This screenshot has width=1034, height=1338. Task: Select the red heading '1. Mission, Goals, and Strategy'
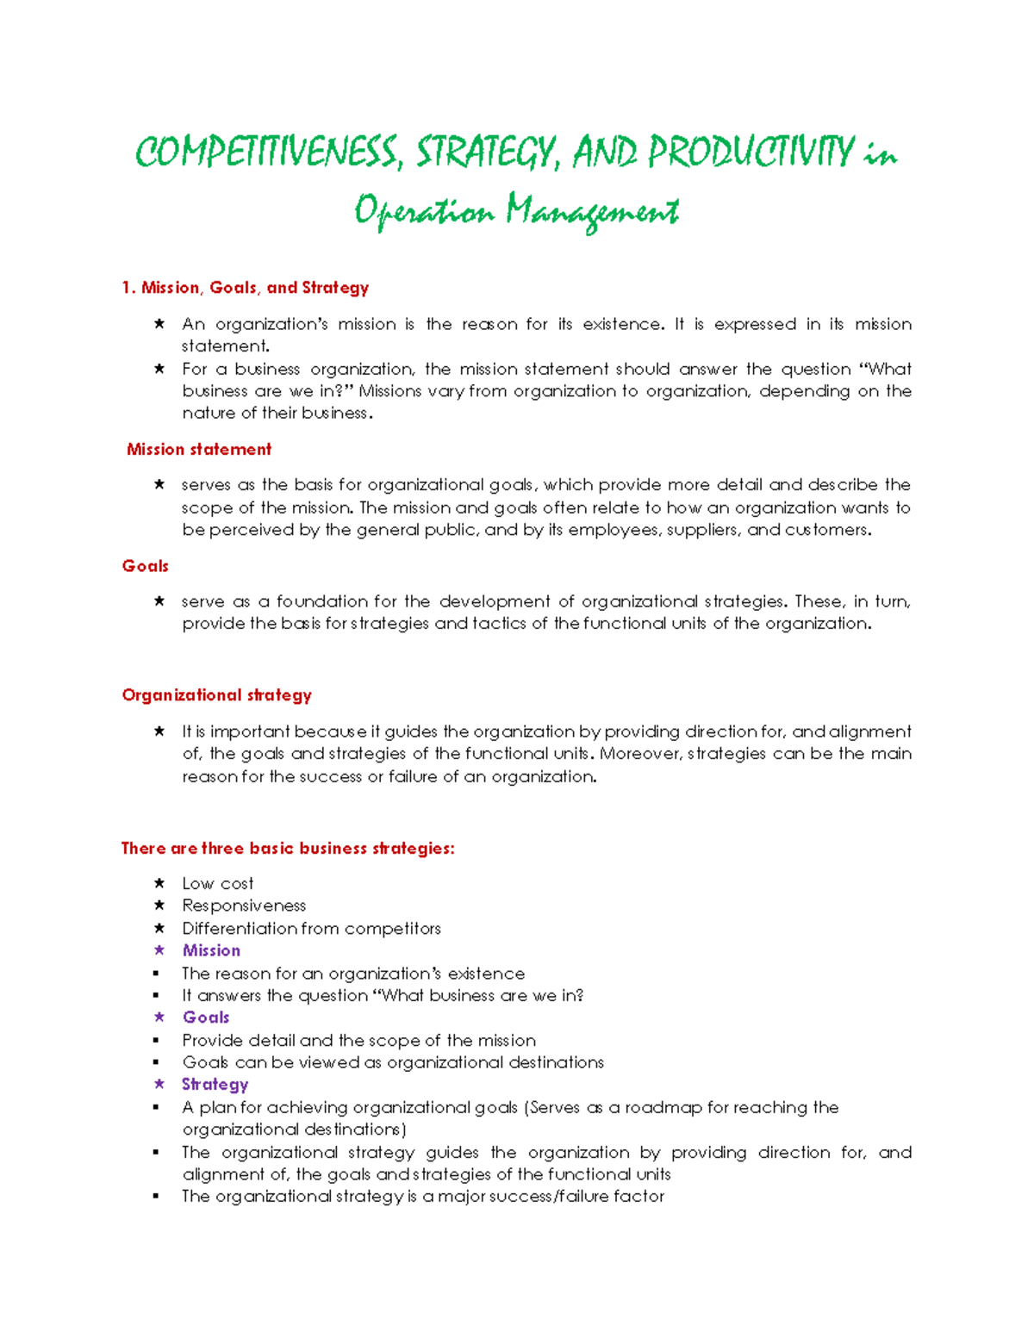pos(246,288)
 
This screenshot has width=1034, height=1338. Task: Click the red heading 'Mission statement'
pos(199,449)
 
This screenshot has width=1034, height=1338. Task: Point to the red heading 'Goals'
pos(145,566)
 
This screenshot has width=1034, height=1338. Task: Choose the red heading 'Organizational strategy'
pos(216,695)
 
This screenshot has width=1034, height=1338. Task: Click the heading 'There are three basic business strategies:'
pos(288,849)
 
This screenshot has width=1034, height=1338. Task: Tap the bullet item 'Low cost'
pos(217,884)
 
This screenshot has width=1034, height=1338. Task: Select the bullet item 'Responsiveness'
pos(244,905)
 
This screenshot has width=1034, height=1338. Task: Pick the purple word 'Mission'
pos(211,951)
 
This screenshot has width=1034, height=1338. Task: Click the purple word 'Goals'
pos(206,1018)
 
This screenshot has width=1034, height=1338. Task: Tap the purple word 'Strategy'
pos(215,1085)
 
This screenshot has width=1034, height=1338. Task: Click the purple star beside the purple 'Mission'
pos(159,950)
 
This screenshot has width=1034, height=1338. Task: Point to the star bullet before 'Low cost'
pos(159,883)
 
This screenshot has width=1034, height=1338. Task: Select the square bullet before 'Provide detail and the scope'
pos(156,1041)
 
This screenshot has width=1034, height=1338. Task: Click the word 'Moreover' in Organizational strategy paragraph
pos(638,754)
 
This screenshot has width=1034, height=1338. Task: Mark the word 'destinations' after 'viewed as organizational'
pos(556,1062)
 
